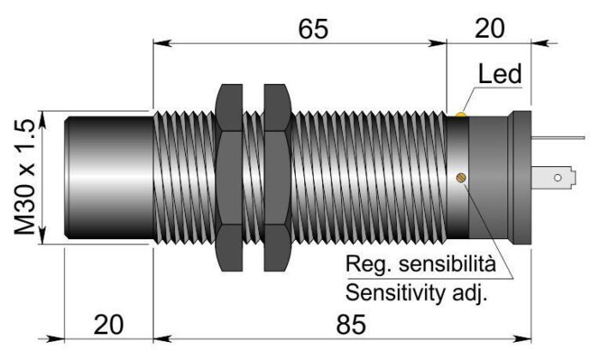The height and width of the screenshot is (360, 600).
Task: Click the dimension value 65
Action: [x=314, y=28]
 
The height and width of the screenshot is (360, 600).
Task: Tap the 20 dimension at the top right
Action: [x=489, y=28]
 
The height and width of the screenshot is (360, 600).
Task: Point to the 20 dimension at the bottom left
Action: [x=109, y=326]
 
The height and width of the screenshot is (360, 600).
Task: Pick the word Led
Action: [x=500, y=75]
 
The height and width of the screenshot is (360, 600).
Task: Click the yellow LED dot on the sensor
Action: [x=461, y=113]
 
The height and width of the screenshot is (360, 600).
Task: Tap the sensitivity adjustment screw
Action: [x=460, y=178]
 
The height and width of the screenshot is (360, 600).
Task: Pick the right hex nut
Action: [x=275, y=178]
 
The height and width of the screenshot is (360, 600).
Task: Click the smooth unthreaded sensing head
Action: [x=110, y=178]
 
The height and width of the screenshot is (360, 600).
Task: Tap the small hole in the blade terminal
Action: [x=558, y=178]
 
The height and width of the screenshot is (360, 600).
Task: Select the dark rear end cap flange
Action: [x=519, y=178]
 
